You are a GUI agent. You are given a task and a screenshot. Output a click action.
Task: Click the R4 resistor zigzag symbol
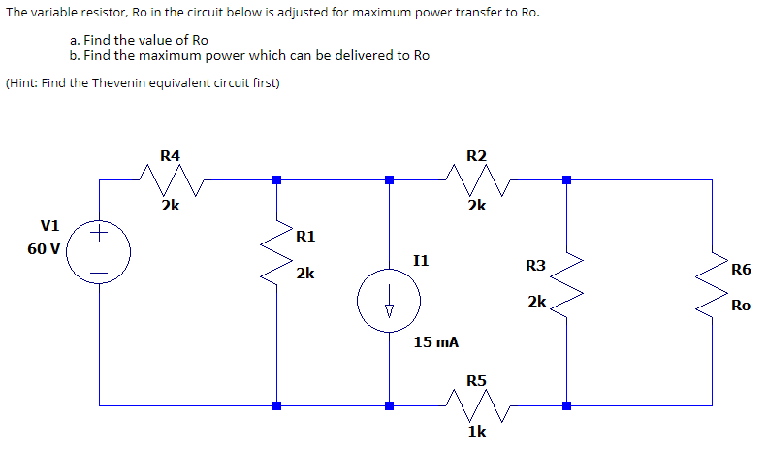(x=170, y=178)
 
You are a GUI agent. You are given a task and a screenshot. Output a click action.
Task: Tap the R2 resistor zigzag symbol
(x=476, y=178)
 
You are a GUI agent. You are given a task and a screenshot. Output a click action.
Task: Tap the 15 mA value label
(x=435, y=342)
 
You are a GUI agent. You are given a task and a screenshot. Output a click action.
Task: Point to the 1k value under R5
(x=476, y=432)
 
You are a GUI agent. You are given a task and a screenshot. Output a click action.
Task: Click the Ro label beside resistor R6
(x=740, y=306)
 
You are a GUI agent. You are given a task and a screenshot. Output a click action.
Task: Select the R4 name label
(x=170, y=154)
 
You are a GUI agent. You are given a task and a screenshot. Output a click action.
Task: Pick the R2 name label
(x=476, y=154)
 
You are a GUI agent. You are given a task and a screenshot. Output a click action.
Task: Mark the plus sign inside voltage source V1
(x=99, y=232)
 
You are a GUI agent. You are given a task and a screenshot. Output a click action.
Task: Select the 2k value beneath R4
(x=170, y=205)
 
